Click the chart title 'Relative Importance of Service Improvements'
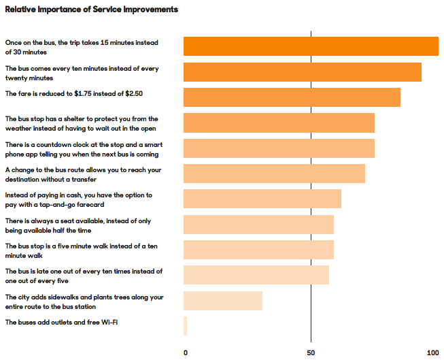tap(92, 10)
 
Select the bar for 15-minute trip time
tap(311, 46)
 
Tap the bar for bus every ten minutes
tap(303, 72)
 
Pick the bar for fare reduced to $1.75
tap(292, 97)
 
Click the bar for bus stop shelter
tap(279, 122)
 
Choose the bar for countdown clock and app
tap(279, 148)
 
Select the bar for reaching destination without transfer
tap(274, 174)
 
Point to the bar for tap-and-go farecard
tap(262, 199)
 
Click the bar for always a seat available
tap(258, 224)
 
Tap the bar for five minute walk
tap(258, 250)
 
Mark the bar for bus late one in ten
tap(256, 275)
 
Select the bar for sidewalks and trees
tap(223, 300)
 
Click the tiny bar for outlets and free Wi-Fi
tap(185, 326)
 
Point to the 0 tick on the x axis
tap(186, 353)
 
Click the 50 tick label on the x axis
tap(311, 353)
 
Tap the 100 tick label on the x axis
tap(432, 353)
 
